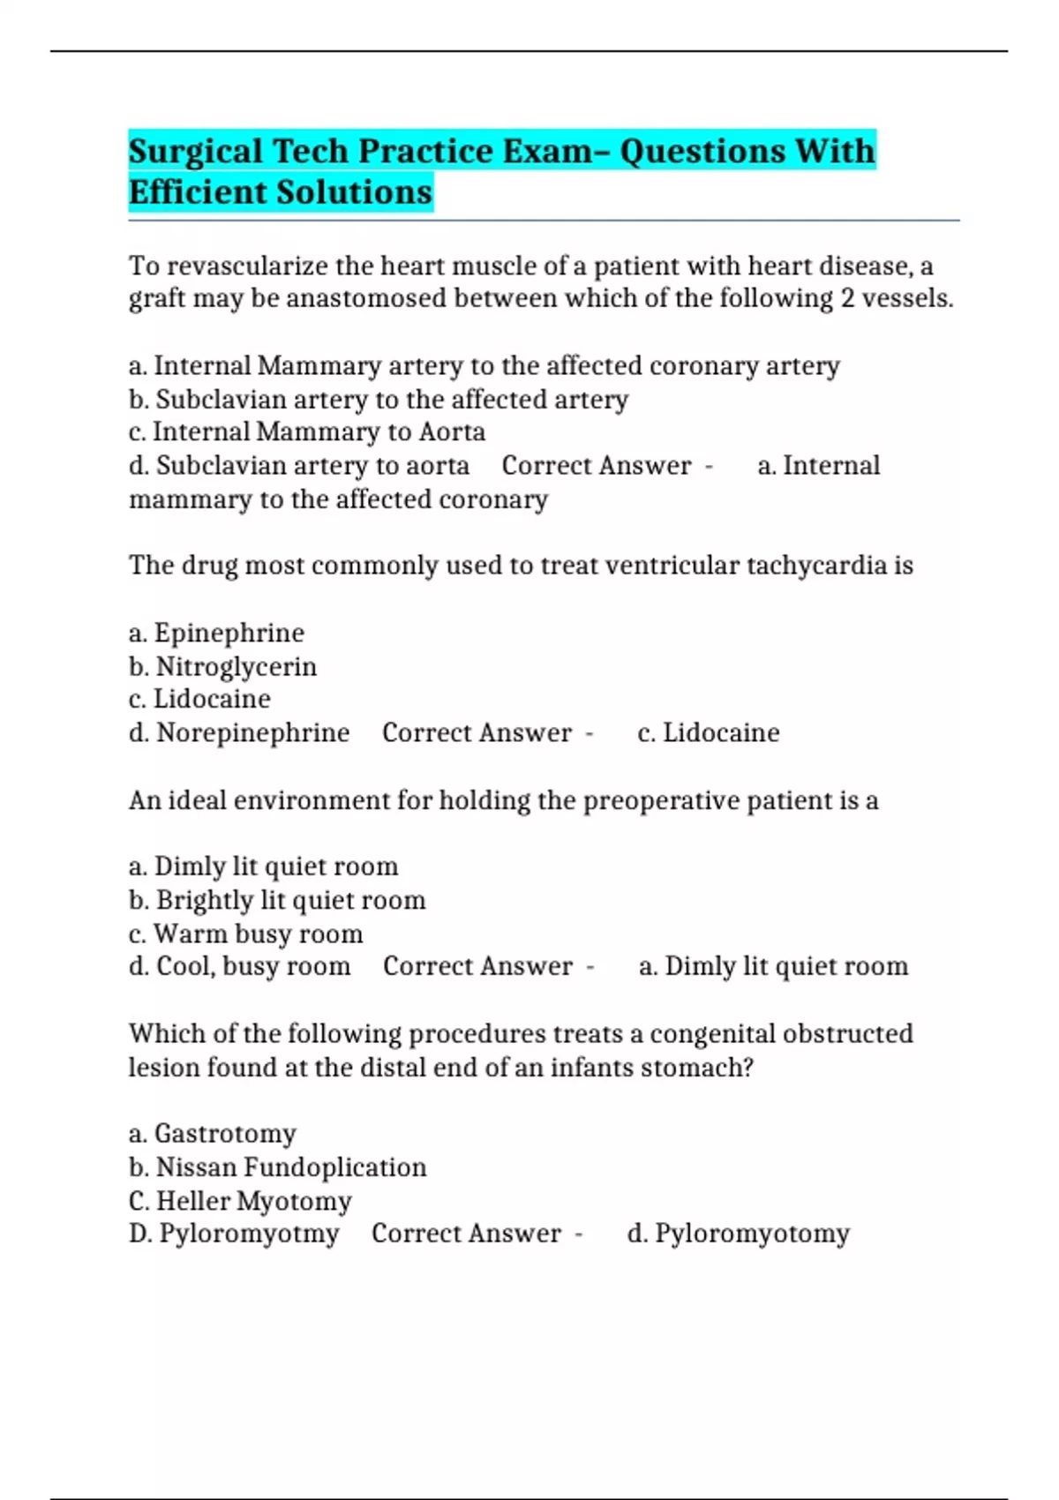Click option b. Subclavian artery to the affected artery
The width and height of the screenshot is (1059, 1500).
click(x=378, y=400)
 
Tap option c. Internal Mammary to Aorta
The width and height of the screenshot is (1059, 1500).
click(x=306, y=432)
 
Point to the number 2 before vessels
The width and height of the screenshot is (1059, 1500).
click(x=847, y=298)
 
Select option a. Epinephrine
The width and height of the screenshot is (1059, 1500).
click(x=216, y=633)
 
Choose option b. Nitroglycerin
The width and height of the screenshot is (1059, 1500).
click(x=222, y=666)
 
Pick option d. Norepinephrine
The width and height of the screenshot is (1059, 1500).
click(x=239, y=733)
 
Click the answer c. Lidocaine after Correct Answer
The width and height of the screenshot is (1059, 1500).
click(x=708, y=733)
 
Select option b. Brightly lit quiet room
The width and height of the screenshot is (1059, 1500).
click(x=277, y=900)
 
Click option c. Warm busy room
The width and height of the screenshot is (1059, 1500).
click(x=245, y=934)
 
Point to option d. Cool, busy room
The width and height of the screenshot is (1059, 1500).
click(x=239, y=967)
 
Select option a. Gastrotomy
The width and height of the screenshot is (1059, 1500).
click(x=212, y=1134)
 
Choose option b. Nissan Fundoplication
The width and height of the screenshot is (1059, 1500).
click(x=277, y=1167)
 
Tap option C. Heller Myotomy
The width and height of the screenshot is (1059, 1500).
click(x=240, y=1201)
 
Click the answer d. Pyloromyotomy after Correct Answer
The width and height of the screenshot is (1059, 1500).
click(x=738, y=1234)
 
